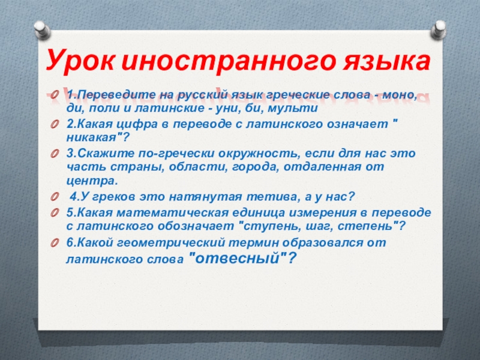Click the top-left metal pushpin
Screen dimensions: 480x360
click(42, 30)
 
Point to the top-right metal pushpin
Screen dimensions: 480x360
click(439, 29)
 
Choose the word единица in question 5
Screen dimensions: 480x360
click(259, 213)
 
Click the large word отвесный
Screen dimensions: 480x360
click(238, 258)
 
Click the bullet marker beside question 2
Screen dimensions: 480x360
click(55, 125)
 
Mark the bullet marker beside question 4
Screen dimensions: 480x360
click(55, 197)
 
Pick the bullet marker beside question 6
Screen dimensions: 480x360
click(55, 243)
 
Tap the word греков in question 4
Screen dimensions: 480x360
click(114, 197)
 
